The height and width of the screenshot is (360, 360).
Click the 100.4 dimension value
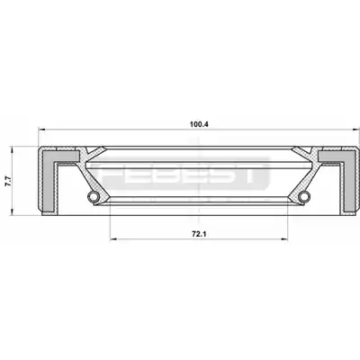(x=199, y=124)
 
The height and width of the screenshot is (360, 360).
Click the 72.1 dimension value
(x=199, y=234)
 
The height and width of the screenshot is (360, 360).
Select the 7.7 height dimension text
(x=8, y=182)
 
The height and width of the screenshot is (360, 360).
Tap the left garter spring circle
(x=94, y=196)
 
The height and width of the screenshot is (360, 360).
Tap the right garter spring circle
(x=304, y=196)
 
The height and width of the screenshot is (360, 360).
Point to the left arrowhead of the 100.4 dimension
(x=41, y=130)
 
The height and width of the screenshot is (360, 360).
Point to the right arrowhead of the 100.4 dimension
(x=356, y=130)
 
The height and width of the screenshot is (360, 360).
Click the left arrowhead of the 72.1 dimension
(x=113, y=239)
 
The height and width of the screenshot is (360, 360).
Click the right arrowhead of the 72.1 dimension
(x=284, y=239)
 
